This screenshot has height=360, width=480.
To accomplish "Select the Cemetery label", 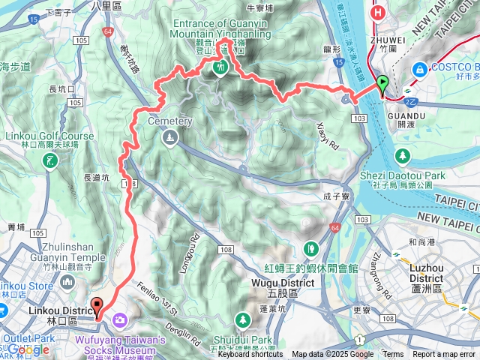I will [x=170, y=121].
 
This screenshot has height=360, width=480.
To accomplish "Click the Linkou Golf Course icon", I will [x=49, y=160].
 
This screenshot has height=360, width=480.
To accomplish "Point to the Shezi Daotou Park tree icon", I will [x=403, y=155].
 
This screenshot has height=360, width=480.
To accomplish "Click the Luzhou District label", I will [x=427, y=271].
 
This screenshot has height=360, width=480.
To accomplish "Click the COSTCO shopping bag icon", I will [x=419, y=69].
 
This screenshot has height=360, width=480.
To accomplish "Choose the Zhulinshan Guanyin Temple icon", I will [x=68, y=282].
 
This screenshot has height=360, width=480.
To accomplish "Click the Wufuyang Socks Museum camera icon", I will [x=119, y=321].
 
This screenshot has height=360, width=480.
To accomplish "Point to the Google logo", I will [x=28, y=349].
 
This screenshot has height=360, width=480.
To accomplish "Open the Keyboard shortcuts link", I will [x=250, y=355].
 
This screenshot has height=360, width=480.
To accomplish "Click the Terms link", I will [x=393, y=355].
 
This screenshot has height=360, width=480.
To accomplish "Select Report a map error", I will [x=444, y=355].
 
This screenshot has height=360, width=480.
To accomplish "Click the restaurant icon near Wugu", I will [x=310, y=247].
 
